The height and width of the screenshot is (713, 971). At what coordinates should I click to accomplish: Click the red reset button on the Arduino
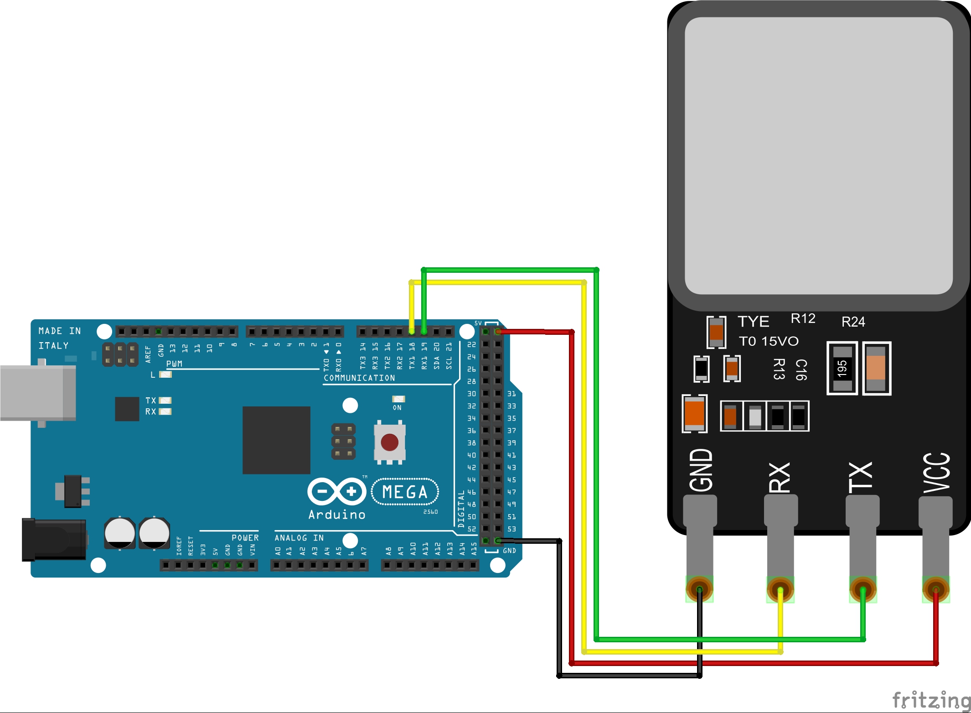(x=389, y=442)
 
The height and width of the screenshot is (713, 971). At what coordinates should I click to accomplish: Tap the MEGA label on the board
(x=405, y=492)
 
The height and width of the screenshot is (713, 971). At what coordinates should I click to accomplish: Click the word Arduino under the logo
(x=336, y=515)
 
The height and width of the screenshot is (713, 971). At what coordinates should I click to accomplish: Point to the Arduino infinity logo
(x=337, y=491)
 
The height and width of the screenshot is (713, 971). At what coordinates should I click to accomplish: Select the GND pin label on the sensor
(x=701, y=470)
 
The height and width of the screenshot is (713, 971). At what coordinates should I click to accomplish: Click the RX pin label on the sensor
(x=780, y=478)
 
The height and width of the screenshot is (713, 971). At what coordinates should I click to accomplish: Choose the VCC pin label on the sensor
(x=936, y=473)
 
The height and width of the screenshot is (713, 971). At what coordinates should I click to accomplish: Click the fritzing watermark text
(x=931, y=700)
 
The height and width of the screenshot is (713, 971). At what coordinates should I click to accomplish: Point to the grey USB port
(x=37, y=393)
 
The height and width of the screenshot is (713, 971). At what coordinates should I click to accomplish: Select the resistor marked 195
(x=842, y=369)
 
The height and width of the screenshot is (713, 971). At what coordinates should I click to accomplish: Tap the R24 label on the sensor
(x=853, y=322)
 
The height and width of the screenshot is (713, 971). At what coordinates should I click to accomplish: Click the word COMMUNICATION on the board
(x=359, y=378)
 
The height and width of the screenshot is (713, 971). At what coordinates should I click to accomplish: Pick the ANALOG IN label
(x=299, y=538)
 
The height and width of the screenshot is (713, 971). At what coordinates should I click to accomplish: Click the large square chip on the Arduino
(x=276, y=440)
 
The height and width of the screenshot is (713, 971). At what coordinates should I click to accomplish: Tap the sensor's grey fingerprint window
(x=819, y=156)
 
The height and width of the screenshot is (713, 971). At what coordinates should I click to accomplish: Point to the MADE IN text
(x=60, y=331)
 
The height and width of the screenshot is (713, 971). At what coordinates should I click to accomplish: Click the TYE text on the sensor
(x=754, y=322)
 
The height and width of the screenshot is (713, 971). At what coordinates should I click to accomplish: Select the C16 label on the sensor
(x=801, y=370)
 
